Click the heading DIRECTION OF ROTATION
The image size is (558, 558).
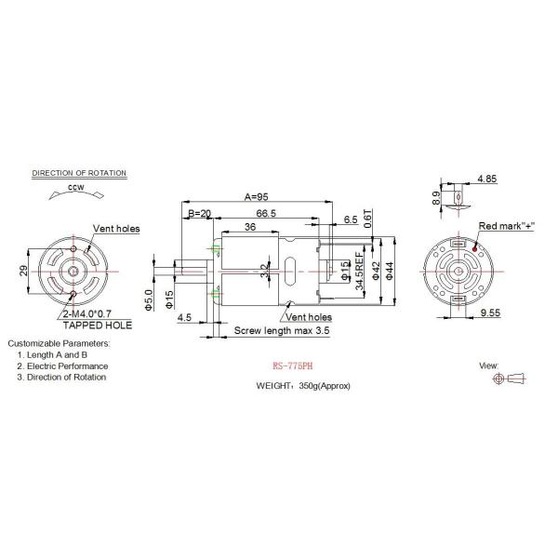tap(79, 174)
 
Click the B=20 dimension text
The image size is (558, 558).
tap(199, 214)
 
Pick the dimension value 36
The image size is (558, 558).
tap(250, 228)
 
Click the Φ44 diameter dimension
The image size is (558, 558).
tap(392, 269)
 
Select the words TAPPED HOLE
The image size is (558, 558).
tap(97, 326)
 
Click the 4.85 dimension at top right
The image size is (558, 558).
tap(485, 178)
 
